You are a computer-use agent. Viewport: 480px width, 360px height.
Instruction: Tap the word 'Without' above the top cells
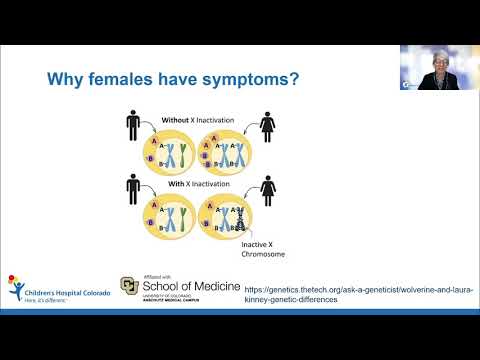(176, 120)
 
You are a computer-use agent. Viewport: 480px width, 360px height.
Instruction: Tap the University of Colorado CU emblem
(129, 287)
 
